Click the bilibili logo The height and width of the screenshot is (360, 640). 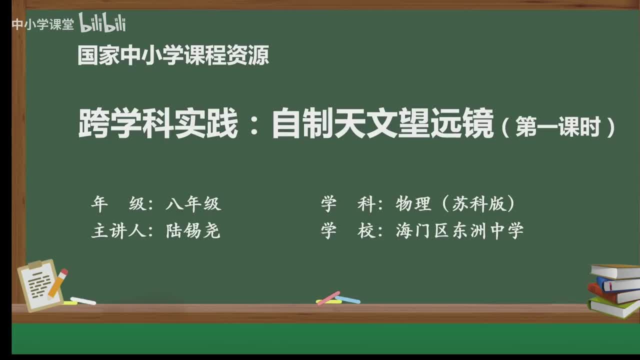pos(102,23)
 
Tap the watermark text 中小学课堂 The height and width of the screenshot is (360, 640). pos(42,24)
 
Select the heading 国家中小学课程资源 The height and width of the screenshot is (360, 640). pos(173,55)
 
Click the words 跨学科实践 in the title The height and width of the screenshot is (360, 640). pos(158,125)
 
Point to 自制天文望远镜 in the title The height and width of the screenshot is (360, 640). pos(382,125)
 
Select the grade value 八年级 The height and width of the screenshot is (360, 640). pos(193,203)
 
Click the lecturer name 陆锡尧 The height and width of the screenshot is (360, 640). pos(193,230)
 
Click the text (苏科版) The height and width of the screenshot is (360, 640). pos(483,203)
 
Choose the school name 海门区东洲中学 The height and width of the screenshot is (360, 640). pos(459,230)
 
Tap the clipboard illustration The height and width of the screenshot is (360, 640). pos(40,285)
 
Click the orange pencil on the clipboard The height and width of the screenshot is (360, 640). pos(58,282)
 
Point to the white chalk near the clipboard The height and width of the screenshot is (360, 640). pos(83,301)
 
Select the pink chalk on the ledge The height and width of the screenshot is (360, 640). pos(328,298)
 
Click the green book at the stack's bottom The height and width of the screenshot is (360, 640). pos(614,306)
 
